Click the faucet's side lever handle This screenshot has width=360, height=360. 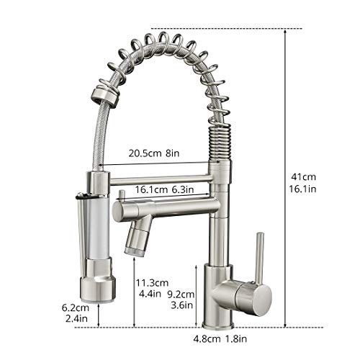(259, 256)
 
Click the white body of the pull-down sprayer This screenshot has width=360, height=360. (98, 230)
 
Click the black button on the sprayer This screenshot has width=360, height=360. (81, 194)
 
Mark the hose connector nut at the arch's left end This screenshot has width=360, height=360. (103, 97)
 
